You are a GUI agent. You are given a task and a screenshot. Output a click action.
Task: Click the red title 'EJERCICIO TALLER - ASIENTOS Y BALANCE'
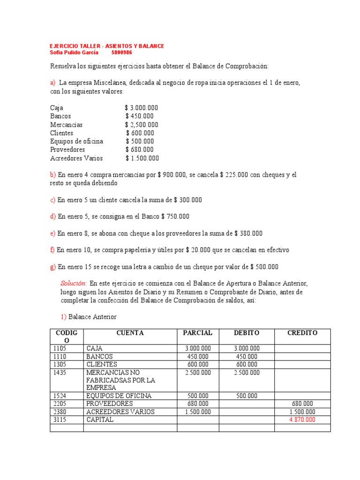(x=107, y=46)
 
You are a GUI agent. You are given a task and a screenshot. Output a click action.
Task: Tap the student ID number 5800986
(x=121, y=52)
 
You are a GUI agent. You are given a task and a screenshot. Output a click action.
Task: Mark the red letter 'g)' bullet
(x=53, y=267)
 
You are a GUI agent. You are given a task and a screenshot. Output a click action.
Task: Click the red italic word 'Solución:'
(x=74, y=284)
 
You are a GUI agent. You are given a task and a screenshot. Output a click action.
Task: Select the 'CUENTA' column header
(x=130, y=333)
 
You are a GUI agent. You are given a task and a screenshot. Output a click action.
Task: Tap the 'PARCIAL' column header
(x=197, y=333)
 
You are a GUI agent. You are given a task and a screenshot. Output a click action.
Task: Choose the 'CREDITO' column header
(x=302, y=333)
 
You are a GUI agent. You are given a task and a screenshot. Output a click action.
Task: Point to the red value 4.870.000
(x=302, y=420)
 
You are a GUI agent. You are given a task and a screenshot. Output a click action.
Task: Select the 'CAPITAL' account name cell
(x=100, y=420)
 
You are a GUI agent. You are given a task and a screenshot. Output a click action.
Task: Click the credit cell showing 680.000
(x=302, y=404)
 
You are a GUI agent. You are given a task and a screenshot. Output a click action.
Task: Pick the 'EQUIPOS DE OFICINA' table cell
(x=119, y=396)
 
